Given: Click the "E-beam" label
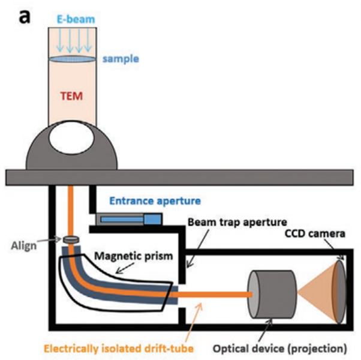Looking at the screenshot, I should pos(72,19).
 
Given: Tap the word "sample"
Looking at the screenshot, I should pos(120,59).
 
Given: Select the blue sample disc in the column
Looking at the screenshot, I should pos(72,59).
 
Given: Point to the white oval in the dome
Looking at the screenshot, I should pos(72,142).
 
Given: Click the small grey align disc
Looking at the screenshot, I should pos(71,241).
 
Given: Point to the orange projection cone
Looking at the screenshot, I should pos(321,293).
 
